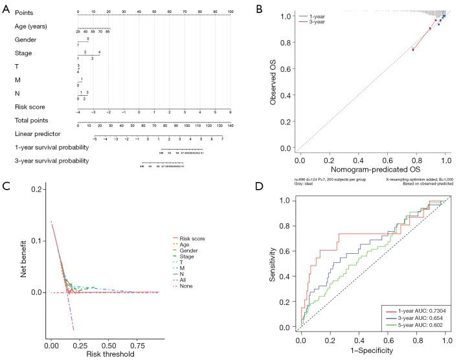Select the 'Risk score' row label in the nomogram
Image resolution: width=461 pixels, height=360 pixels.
[x=30, y=107]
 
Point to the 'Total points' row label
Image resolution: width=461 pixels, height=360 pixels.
[x=31, y=120]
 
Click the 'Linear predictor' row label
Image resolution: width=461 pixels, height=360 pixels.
[x=35, y=134]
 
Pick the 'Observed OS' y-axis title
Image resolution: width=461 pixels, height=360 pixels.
[x=274, y=83]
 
